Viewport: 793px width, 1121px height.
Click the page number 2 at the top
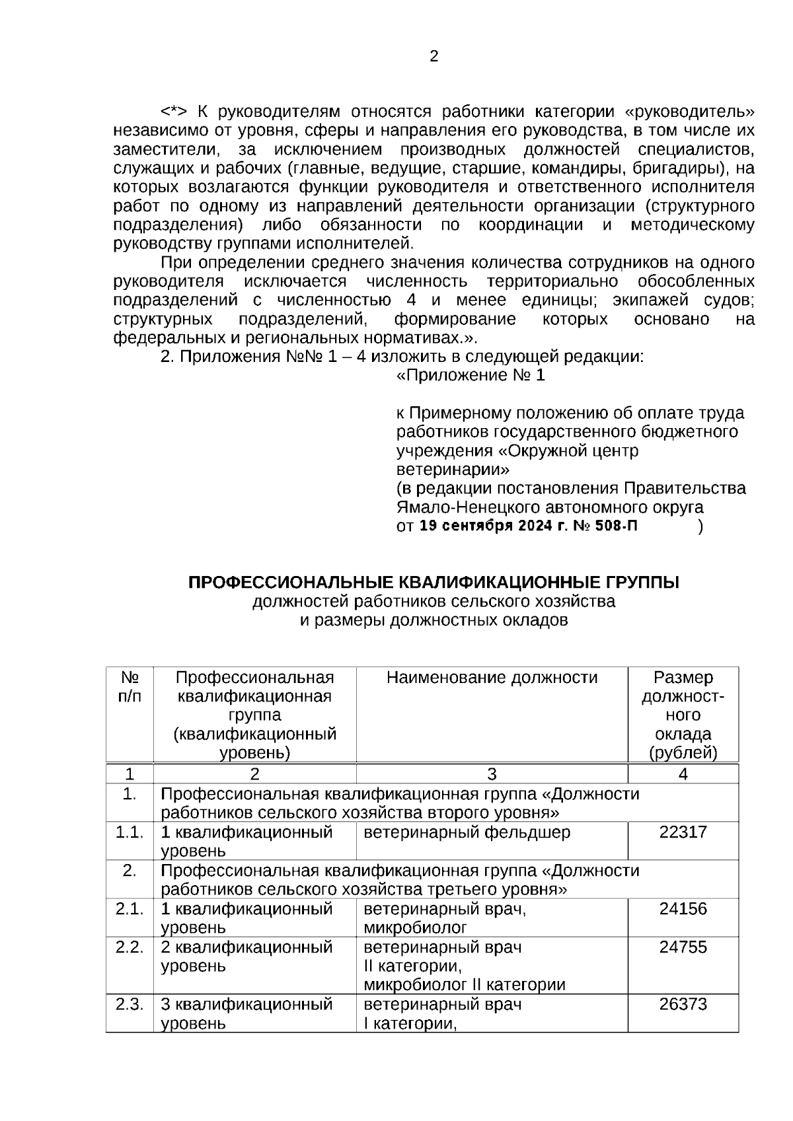tap(434, 57)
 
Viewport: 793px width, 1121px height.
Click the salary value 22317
tap(683, 832)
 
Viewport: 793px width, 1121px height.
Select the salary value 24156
tap(683, 909)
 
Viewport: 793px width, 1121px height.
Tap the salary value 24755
tap(683, 947)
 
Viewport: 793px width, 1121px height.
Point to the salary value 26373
tap(683, 1004)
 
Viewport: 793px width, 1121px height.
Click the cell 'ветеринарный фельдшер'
tap(467, 832)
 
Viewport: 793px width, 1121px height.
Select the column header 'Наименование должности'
tap(492, 678)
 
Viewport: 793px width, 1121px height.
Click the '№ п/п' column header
tap(130, 687)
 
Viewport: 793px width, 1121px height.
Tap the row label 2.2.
tap(130, 947)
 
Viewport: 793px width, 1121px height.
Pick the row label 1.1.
tap(130, 832)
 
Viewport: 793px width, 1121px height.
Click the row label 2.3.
tap(130, 1004)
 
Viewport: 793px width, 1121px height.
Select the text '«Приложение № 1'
tap(471, 376)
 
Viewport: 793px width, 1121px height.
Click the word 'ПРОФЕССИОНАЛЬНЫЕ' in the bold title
tap(288, 583)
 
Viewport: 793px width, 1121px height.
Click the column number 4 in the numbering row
tap(683, 774)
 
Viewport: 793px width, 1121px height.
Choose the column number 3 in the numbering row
tap(492, 774)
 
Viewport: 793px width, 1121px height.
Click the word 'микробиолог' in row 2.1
tap(415, 927)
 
